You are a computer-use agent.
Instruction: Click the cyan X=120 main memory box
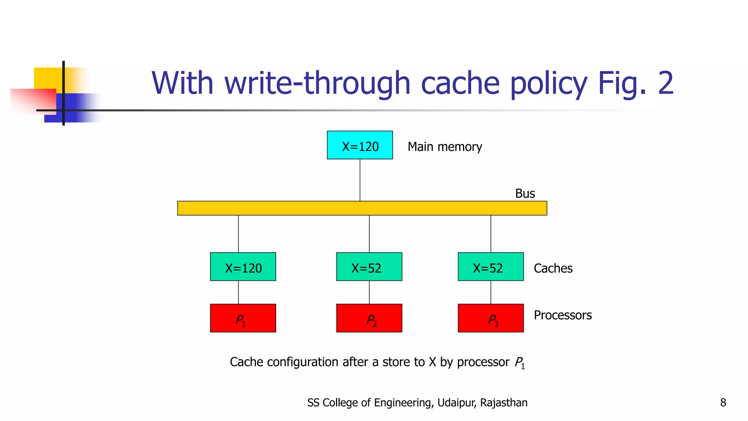click(x=360, y=145)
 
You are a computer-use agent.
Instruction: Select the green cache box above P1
click(x=243, y=267)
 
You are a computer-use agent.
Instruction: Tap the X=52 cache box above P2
click(x=369, y=267)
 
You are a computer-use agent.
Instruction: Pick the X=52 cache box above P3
click(x=491, y=267)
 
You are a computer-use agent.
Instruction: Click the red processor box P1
click(x=243, y=318)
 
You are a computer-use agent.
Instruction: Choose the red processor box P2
click(x=369, y=318)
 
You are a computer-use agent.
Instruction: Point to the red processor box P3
click(x=491, y=318)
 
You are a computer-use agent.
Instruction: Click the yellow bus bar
click(x=362, y=208)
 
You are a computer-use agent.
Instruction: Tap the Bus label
click(x=525, y=193)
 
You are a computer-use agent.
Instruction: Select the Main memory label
click(x=444, y=147)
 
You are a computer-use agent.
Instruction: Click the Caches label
click(x=553, y=268)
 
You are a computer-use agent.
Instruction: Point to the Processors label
click(x=562, y=315)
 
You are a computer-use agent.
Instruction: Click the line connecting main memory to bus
click(x=360, y=180)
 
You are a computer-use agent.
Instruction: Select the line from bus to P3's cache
click(x=491, y=234)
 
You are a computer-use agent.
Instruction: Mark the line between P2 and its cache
click(x=369, y=292)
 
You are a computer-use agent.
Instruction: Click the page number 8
click(x=723, y=403)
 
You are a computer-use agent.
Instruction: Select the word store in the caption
click(x=396, y=362)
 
